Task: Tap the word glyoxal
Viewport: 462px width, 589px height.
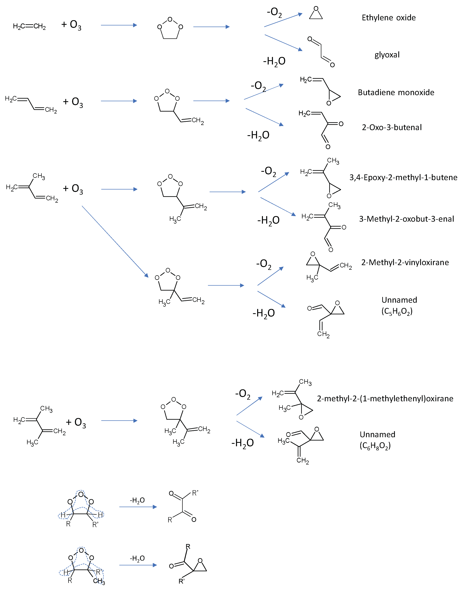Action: (387, 55)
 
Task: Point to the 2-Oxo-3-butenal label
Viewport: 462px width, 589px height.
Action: (392, 127)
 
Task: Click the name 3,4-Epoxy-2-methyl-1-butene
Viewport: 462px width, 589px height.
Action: (403, 177)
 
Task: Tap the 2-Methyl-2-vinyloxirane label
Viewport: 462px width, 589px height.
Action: (405, 262)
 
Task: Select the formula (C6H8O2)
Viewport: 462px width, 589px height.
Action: (375, 446)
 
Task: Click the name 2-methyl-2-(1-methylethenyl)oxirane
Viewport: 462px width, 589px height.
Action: (385, 399)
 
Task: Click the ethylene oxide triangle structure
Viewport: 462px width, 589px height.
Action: (316, 13)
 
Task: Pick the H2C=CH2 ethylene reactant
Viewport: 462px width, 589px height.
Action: (29, 26)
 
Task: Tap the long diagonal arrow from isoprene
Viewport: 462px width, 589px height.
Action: (115, 242)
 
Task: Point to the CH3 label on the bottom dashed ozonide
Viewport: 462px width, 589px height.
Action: (99, 581)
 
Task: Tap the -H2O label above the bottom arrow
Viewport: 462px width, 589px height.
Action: (137, 558)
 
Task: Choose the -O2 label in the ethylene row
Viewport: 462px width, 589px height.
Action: (274, 12)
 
